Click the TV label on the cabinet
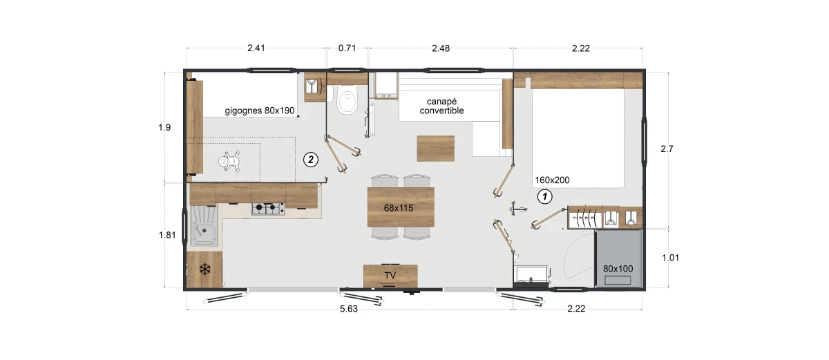pos(390,276)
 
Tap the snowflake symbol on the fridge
pos(204,269)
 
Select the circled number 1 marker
pos(544,196)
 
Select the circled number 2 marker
pos(311,160)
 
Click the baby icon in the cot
pos(229,161)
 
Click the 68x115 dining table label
pos(398,208)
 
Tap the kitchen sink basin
pos(204,234)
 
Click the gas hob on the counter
pos(268,209)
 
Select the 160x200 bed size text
pos(552,180)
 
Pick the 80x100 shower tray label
pos(618,269)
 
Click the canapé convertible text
pos(441,106)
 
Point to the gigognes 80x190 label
pos(260,111)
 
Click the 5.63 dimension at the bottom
pos(349,309)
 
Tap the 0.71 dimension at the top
pos(347,48)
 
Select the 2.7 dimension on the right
pos(667,149)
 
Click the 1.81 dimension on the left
pos(167,235)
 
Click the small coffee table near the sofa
pos(436,149)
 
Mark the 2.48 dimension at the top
pos(441,48)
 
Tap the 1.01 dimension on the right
pos(671,258)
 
